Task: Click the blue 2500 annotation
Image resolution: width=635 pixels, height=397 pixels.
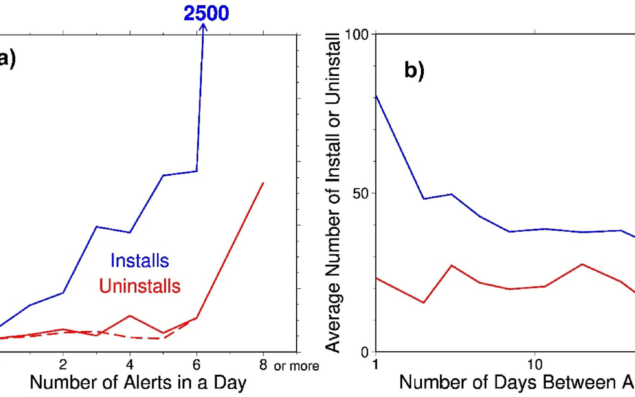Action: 206,14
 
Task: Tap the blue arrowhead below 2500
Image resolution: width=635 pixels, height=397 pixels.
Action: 203,28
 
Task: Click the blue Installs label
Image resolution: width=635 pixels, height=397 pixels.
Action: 140,261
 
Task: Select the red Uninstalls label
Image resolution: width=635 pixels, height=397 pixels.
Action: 140,286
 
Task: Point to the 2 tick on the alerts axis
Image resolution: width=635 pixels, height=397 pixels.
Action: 63,365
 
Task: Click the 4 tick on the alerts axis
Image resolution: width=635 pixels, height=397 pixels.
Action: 130,365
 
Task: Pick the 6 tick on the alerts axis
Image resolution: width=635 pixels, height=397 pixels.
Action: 196,365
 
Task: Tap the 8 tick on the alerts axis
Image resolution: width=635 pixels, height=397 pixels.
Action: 263,365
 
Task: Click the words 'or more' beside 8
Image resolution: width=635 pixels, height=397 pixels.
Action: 296,366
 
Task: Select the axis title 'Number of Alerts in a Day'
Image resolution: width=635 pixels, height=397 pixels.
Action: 138,383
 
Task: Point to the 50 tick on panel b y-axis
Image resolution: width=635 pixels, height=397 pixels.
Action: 360,194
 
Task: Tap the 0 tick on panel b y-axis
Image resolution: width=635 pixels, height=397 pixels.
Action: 364,352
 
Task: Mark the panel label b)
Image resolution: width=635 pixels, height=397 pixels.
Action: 414,70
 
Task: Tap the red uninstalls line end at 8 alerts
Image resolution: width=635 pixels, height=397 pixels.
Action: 263,183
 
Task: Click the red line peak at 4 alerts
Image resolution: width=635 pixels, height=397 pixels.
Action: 130,316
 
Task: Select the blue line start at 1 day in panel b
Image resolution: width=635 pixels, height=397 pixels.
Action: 376,96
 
